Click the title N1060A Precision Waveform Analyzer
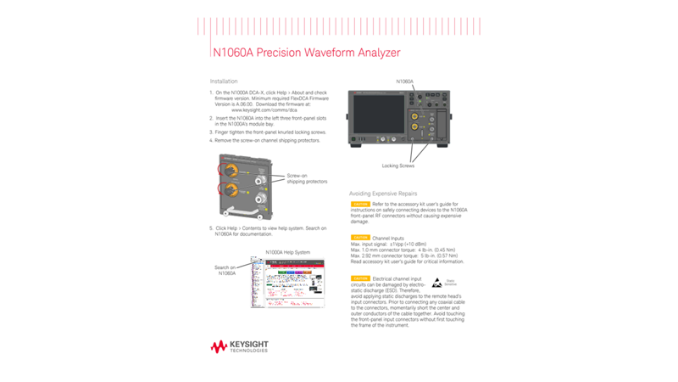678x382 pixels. [x=305, y=53]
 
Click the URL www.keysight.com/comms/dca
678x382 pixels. [x=264, y=110]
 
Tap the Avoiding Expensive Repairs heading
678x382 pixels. [x=383, y=194]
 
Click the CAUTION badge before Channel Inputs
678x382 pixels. [x=360, y=238]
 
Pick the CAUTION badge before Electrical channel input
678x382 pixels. [x=360, y=278]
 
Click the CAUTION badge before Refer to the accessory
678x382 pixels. [x=360, y=205]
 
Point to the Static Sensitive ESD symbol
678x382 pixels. [x=437, y=283]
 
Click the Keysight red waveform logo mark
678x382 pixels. [x=219, y=345]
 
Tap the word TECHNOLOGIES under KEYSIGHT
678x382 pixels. [x=248, y=351]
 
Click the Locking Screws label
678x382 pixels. [x=397, y=166]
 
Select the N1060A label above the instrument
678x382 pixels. [x=405, y=81]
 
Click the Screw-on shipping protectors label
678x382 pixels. [x=306, y=178]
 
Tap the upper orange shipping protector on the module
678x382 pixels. [x=228, y=170]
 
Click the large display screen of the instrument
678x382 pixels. [x=378, y=113]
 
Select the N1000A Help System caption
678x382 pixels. [x=287, y=252]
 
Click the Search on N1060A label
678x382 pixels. [x=225, y=270]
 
